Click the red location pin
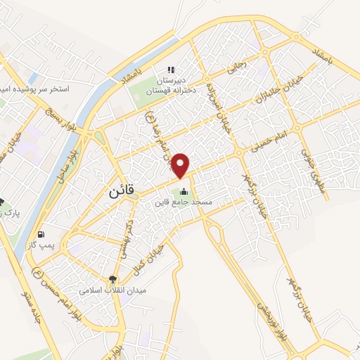click(x=181, y=166)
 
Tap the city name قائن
click(x=122, y=191)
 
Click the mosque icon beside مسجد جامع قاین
click(x=184, y=191)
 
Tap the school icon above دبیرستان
click(x=169, y=70)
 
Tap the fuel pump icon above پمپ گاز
click(x=41, y=234)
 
